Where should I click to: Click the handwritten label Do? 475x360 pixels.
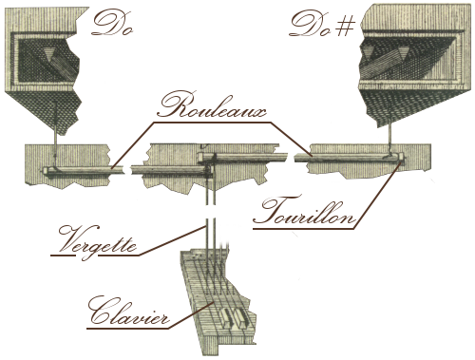click(x=111, y=23)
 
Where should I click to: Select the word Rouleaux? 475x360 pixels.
click(x=212, y=105)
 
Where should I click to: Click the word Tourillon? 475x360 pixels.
click(x=304, y=211)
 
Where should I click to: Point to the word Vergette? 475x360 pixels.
click(x=97, y=241)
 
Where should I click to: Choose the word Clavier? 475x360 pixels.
click(x=128, y=312)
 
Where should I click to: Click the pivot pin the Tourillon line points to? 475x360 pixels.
click(x=402, y=157)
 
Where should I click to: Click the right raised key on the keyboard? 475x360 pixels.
click(x=239, y=317)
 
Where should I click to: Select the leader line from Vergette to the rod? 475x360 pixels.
click(x=172, y=240)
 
